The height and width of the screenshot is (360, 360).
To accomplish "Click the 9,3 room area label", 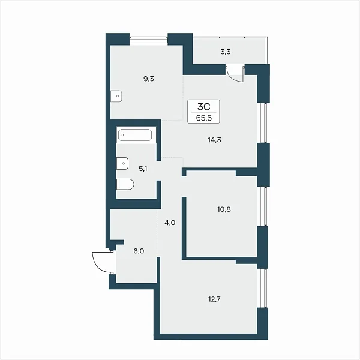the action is point(149,79).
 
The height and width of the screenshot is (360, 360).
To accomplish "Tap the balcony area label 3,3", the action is point(226,52).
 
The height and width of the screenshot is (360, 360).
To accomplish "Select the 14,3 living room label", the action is point(214,140).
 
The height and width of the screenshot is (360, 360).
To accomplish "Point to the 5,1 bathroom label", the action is point(143,169).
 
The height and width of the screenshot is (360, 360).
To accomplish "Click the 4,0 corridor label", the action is point(170,223).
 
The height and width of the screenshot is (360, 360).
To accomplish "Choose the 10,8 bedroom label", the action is point(224,209).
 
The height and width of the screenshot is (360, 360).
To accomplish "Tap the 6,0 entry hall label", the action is point(139,251).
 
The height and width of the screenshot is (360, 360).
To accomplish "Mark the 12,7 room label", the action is point(214,299).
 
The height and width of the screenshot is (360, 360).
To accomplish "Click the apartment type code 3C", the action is point(203,107).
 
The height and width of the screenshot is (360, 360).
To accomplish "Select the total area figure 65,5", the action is point(203,118).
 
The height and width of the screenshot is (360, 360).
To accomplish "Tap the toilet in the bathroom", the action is point(125,184).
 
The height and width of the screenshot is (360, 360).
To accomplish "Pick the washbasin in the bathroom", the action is point(122,163).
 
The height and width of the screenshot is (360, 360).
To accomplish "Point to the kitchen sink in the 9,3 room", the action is point(116,96).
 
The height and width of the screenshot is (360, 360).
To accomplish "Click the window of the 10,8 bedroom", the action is point(264,206).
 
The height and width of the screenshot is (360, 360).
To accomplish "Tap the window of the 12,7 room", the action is point(264,288).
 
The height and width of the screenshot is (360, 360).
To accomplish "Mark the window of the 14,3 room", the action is point(264,122).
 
